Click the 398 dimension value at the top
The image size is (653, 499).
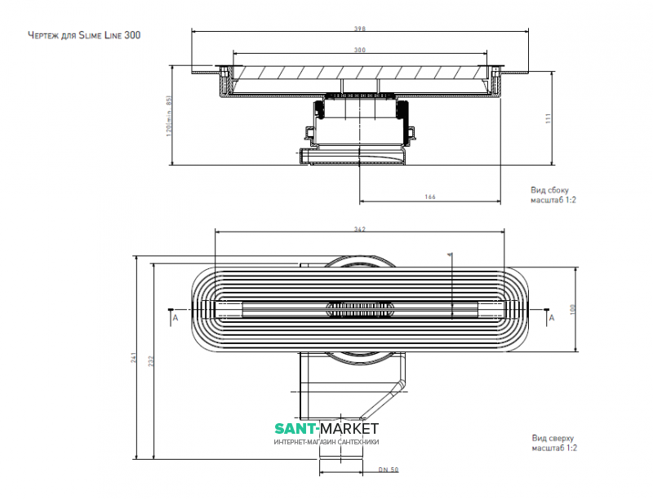click(x=360, y=29)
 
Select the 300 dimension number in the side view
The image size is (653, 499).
click(x=360, y=51)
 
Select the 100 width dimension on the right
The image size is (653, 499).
click(x=573, y=309)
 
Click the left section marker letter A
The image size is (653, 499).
click(x=174, y=319)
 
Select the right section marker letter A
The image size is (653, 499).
click(x=552, y=319)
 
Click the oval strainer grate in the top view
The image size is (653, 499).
click(x=360, y=308)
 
